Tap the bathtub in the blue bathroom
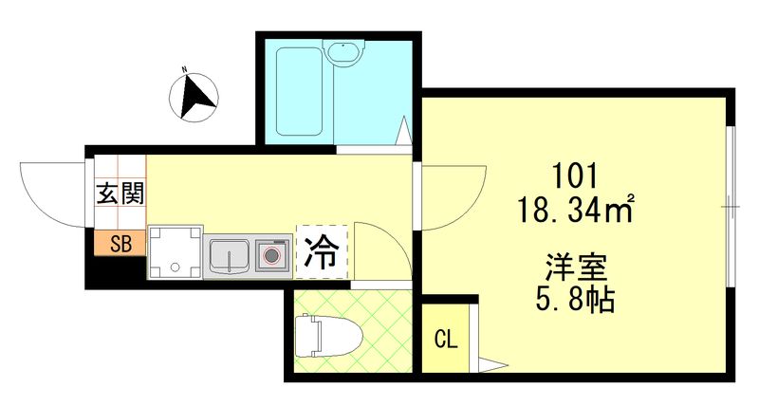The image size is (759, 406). coord(299,91)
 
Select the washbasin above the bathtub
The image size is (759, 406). coord(343,53)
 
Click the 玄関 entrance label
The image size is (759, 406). coord(120,194)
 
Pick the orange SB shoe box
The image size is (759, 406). coord(120,244)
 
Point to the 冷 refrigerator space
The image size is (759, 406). coord(322,252)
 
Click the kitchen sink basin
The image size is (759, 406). coord(229,255)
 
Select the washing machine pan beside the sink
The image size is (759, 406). coord(175,251)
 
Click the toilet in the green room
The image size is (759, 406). coord(328,336)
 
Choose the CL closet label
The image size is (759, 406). coord(446,340)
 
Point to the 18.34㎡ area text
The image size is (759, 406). coord(576,210)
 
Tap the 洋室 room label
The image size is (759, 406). coord(576,267)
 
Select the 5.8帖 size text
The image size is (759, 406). coord(576,300)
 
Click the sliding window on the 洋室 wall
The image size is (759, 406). coord(731,207)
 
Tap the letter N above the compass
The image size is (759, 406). coord(184,69)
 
